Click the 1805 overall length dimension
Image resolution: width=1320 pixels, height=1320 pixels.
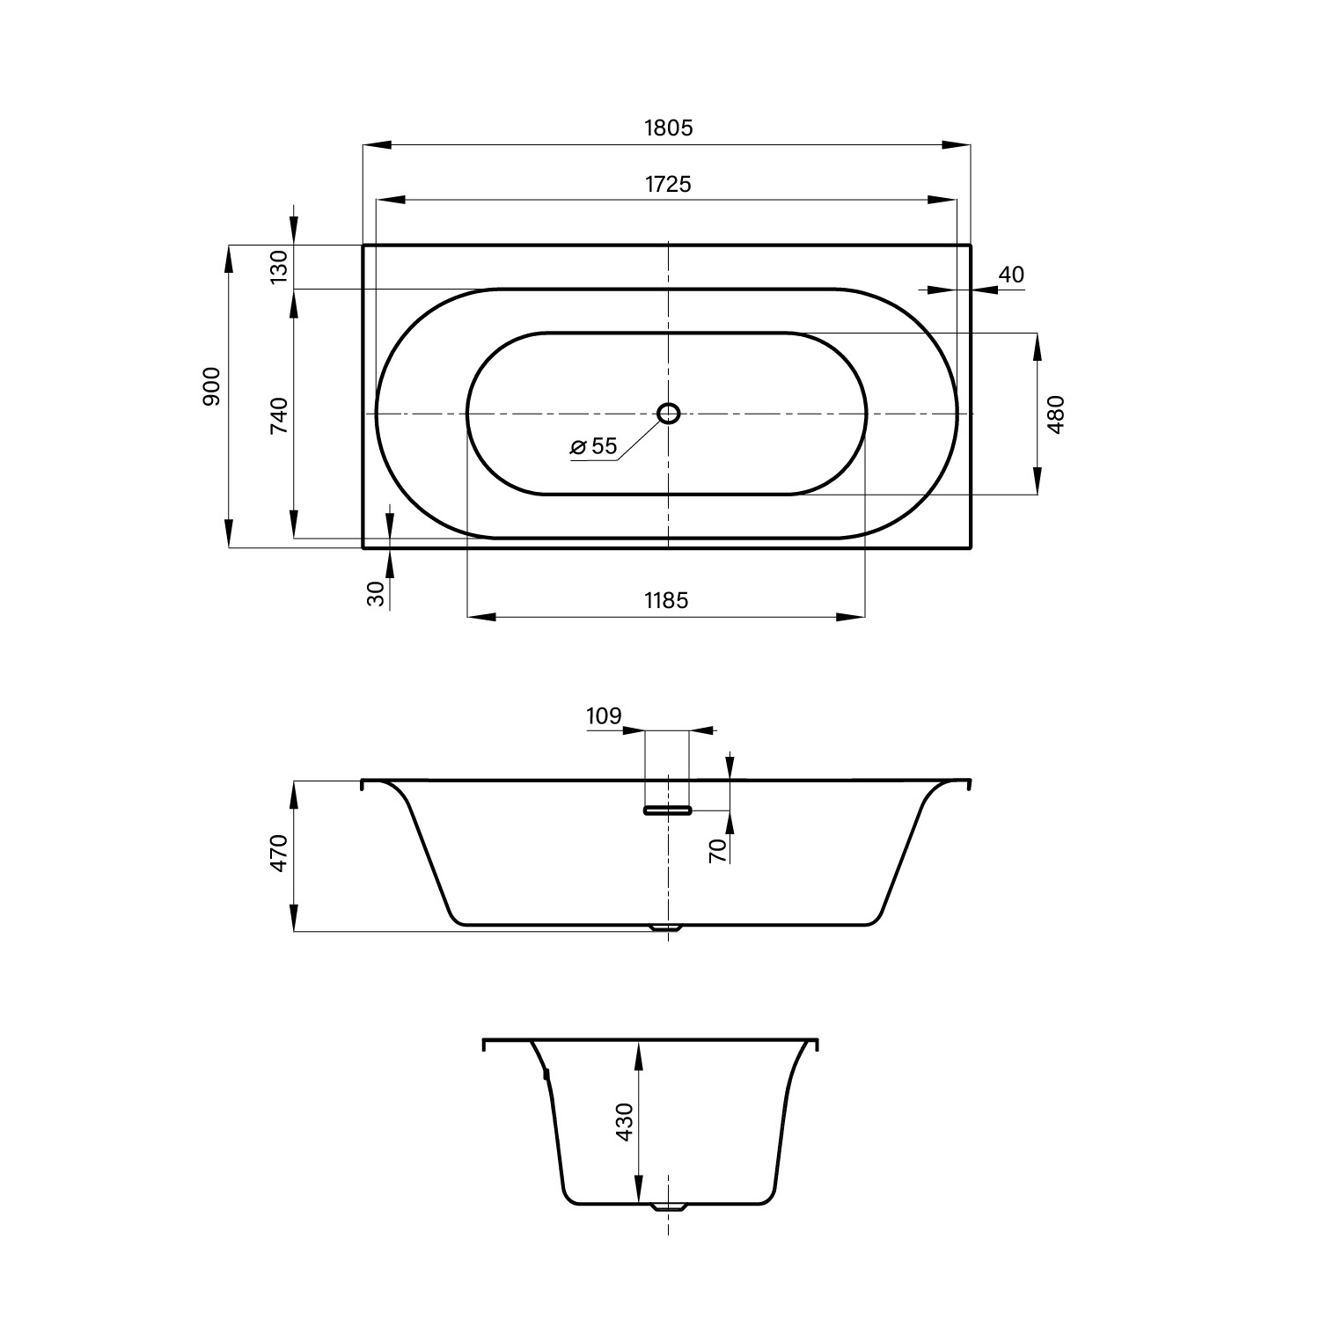tap(669, 128)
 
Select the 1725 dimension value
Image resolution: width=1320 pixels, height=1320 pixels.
tap(668, 184)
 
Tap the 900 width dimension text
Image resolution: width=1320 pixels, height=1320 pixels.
tap(211, 387)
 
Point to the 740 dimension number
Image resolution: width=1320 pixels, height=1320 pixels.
tap(278, 415)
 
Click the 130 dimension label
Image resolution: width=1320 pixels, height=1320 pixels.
tap(278, 267)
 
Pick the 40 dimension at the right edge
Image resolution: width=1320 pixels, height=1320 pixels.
tap(1012, 275)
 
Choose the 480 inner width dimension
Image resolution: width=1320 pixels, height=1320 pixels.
tap(1057, 414)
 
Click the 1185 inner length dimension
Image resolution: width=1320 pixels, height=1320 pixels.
tap(666, 600)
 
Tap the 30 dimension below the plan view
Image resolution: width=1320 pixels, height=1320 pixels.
tap(377, 594)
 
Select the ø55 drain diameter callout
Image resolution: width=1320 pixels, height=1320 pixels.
tap(594, 446)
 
